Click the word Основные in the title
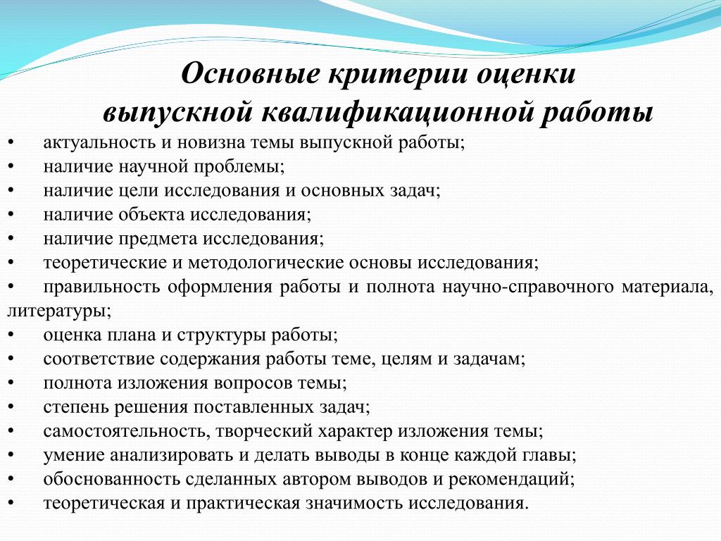coord(251,73)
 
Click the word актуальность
coord(99,143)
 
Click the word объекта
coord(152,214)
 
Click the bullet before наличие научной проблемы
coord(10,166)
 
